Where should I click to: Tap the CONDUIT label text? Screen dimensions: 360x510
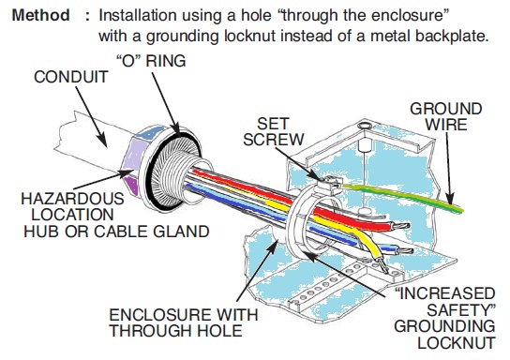(66, 78)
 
